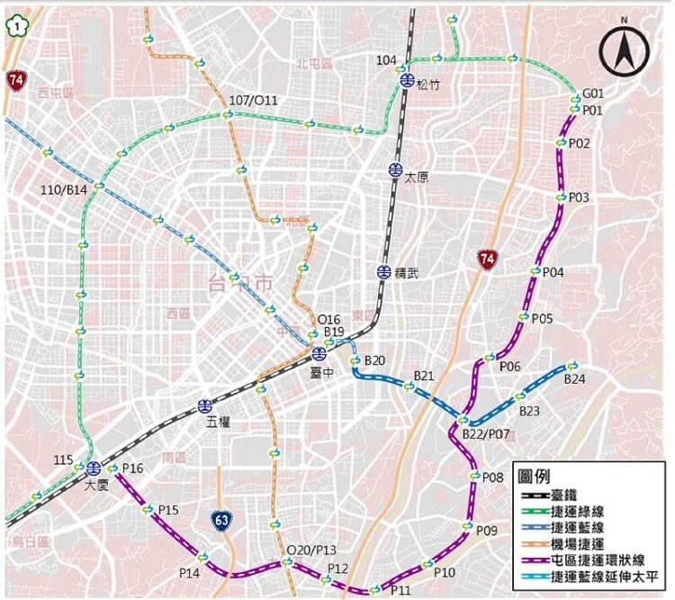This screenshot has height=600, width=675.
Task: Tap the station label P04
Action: tap(553, 272)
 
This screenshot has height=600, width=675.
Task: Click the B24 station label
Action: tap(575, 379)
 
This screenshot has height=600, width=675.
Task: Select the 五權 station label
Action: tap(219, 421)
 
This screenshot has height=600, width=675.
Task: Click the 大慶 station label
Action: tap(96, 485)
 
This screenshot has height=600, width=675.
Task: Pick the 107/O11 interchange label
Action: tap(254, 100)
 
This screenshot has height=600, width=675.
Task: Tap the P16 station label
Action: tap(132, 468)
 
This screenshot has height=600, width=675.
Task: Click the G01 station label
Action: tap(593, 94)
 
